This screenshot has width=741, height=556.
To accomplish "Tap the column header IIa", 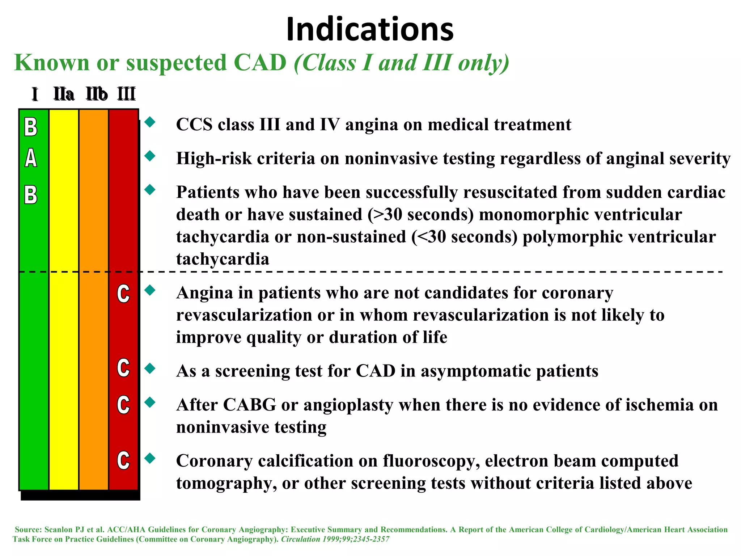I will point(64,94).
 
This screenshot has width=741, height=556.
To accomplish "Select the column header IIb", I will point(97,94).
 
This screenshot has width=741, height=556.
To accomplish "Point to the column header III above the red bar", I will point(126,94).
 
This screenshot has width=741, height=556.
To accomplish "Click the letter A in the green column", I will point(31,158).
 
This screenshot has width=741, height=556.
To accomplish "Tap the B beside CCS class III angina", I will point(31,127).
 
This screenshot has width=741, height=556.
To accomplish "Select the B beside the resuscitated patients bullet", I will point(31,195).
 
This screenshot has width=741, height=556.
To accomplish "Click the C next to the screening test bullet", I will point(123,368).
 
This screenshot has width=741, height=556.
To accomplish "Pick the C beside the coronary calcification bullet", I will point(123,460).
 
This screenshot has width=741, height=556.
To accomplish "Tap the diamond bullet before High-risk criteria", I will point(150,156).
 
